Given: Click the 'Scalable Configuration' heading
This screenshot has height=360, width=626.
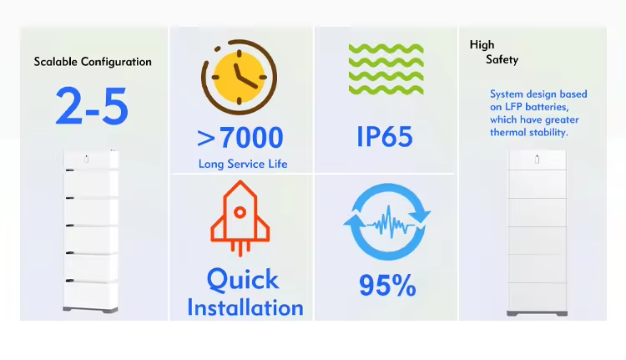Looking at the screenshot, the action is tap(93, 62).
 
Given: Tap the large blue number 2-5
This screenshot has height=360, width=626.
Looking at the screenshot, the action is tap(92, 106).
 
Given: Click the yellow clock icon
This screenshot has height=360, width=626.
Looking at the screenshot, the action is tap(240, 77).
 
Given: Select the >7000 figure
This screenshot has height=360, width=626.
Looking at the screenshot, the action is tap(240, 138).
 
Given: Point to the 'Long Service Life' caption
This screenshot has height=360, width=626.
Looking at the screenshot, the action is tap(243, 164).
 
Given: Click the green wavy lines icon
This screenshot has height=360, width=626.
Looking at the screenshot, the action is tap(386, 69).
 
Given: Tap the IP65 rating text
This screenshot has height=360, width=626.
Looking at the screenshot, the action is tap(385, 137).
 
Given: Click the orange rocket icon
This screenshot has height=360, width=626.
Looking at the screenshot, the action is tap(240, 218).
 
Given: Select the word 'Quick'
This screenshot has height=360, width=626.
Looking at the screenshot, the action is tap(243, 279).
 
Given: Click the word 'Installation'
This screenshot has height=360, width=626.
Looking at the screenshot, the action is tap(245, 307).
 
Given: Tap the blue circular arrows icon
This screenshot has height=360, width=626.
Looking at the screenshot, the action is tap(386, 221).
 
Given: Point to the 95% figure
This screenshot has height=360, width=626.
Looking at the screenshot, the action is tap(387, 285).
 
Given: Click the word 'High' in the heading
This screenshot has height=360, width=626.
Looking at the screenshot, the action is tap(482, 45).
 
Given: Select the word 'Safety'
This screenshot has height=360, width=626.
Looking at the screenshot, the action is tap(502, 60).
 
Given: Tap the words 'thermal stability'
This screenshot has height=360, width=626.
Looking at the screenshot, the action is tap(528, 133).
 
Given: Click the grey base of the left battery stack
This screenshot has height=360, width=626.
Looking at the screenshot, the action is tap(90, 310).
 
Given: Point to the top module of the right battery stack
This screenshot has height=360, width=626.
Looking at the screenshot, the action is tap(537, 160).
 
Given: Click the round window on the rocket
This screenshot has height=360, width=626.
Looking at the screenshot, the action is tap(240, 212).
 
